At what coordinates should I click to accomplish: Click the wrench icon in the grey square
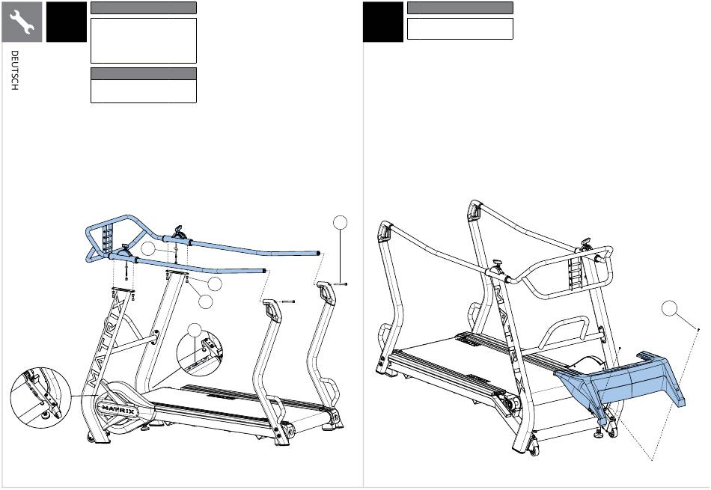22,22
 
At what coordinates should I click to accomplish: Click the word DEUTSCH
14,70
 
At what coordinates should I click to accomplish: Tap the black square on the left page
66,22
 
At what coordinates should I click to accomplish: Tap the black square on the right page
382,22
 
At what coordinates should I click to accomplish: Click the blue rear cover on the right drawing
620,381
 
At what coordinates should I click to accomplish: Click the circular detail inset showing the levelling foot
41,398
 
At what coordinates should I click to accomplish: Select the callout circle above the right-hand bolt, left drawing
340,223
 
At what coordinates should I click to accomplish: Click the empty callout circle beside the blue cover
669,309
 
